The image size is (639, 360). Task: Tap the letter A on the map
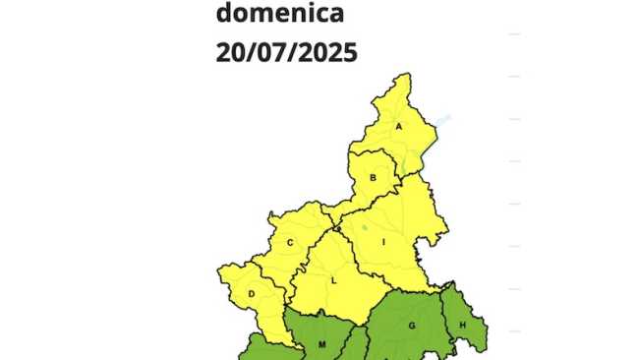pos(399,126)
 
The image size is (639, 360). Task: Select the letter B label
pos(374,178)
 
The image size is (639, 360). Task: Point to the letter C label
pos(290,243)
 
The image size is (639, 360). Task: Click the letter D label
pos(253,293)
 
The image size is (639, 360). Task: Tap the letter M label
pos(321,344)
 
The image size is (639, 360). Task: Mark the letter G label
pos(413,326)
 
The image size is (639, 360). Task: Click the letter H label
pos(462,318)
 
